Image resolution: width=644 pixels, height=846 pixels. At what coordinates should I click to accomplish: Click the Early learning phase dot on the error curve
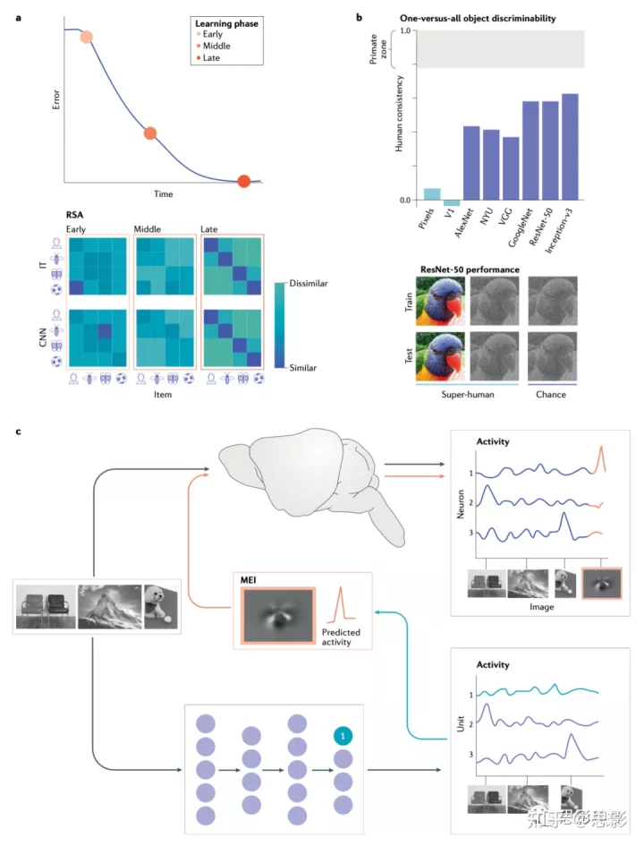pos(86,37)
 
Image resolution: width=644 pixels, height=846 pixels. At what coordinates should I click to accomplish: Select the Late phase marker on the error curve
pos(244,182)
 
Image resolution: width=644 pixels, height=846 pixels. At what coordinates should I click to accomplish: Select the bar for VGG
pos(511,168)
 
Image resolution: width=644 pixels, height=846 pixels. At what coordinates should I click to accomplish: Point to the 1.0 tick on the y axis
pos(404,30)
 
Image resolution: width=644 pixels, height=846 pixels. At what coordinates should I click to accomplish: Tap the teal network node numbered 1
pos(344,735)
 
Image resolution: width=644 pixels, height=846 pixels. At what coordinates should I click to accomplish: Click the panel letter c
pos(20,432)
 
